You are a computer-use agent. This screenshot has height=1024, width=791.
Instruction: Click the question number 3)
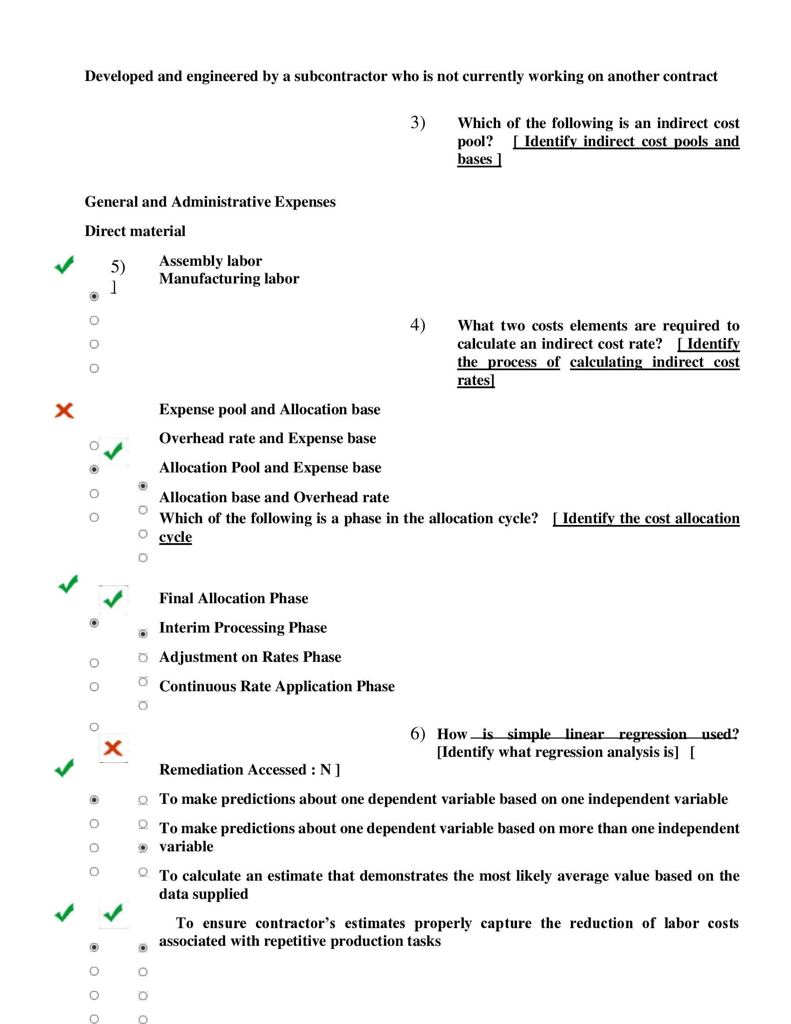pos(417,123)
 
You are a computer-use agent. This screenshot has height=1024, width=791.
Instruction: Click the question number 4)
pos(417,325)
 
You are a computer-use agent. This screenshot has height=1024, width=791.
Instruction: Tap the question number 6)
pos(417,733)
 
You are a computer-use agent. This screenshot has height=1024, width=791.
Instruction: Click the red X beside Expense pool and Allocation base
pos(64,410)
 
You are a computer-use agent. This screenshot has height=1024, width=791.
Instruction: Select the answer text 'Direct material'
pos(135,231)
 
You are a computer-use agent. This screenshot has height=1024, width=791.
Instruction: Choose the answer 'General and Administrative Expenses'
pos(210,202)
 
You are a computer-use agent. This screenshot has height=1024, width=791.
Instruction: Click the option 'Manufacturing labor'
pos(228,279)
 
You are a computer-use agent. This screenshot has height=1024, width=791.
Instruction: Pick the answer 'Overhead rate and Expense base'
pos(268,438)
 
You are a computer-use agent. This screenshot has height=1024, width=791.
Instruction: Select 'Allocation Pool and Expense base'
pos(270,468)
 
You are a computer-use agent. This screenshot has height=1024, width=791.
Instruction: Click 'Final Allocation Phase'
pos(234,599)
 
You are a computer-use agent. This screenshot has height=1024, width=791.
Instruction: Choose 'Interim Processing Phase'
pos(243,628)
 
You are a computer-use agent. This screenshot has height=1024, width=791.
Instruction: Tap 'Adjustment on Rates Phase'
pos(250,657)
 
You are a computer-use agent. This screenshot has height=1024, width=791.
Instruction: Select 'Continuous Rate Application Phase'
pos(276,687)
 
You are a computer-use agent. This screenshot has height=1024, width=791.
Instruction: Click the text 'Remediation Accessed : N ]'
pos(249,770)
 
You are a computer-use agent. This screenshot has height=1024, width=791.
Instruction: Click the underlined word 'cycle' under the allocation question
pos(175,537)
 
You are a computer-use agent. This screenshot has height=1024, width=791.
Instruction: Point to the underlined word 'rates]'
pos(476,380)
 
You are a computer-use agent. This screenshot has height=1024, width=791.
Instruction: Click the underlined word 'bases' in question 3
pos(475,159)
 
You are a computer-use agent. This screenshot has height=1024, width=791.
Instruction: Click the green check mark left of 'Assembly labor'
pos(64,265)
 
